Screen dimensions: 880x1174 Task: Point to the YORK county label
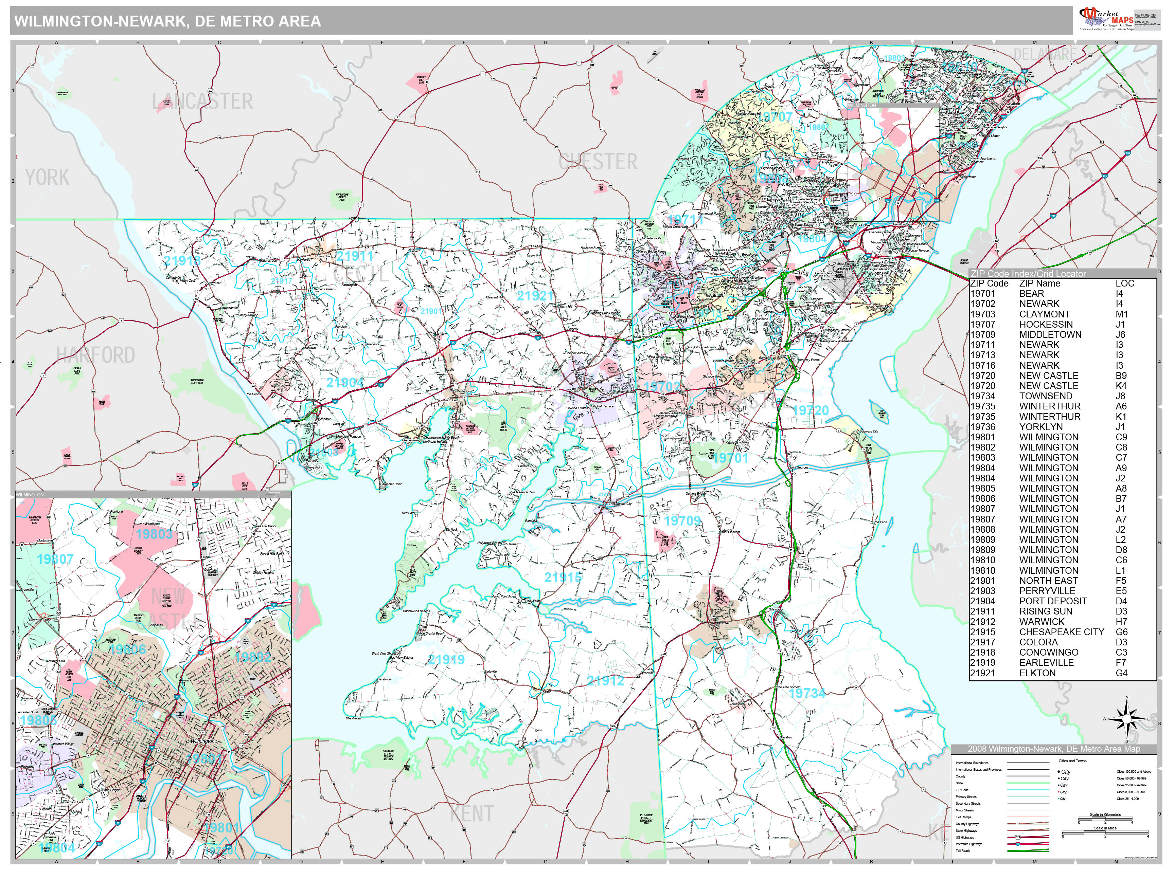pos(47,177)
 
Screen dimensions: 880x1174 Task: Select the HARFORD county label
pos(96,355)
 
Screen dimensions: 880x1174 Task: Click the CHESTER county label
pos(598,162)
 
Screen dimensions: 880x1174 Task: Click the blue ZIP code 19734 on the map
pos(807,693)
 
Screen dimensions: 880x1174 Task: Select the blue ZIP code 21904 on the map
pos(345,382)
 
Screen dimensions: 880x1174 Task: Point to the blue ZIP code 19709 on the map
pos(682,521)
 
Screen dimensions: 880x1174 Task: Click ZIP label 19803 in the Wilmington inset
pos(154,534)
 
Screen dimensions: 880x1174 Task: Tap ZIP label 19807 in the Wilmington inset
pos(55,559)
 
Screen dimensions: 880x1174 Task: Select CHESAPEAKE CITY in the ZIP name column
pos(1062,632)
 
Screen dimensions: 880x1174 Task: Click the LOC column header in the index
pos(1125,283)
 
